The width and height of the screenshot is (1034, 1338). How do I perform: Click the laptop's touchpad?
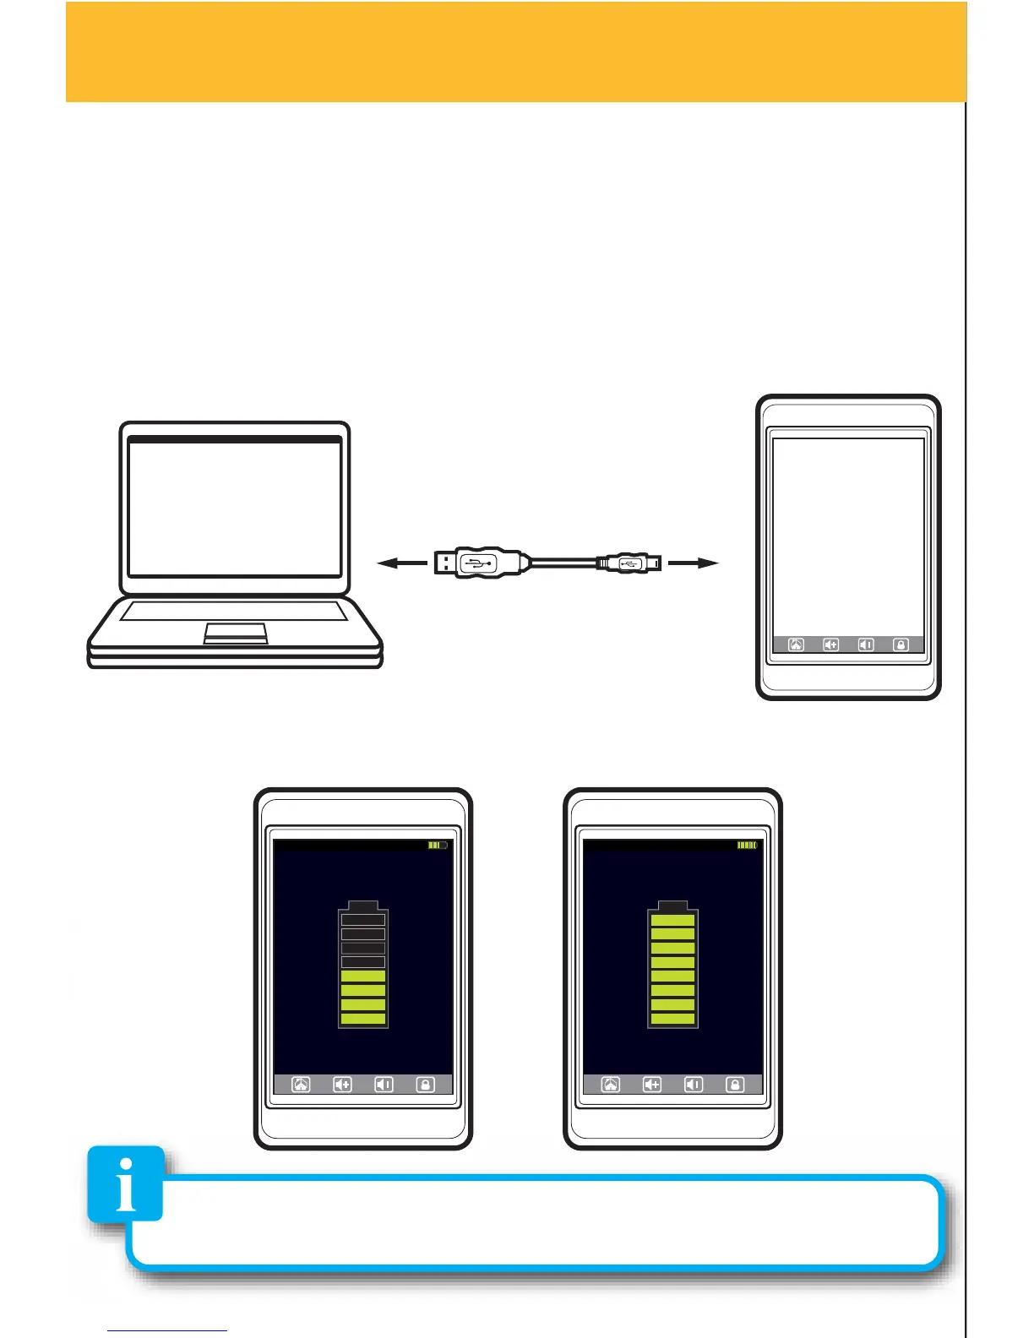click(236, 633)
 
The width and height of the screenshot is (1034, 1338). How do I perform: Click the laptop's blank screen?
click(235, 509)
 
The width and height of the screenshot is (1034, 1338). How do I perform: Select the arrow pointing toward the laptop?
click(401, 563)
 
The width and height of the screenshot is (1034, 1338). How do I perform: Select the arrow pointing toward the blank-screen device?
click(693, 563)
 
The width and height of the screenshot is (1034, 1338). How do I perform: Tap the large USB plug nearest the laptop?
click(477, 563)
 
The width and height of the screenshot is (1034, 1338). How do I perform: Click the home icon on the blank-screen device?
click(796, 645)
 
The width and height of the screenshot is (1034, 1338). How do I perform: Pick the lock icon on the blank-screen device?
click(901, 645)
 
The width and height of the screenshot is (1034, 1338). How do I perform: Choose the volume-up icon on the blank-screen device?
click(831, 645)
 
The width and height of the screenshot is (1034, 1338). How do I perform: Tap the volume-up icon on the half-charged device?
click(342, 1085)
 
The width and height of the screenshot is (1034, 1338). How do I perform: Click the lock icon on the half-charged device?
click(426, 1085)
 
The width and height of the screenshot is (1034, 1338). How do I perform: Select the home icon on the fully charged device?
click(610, 1085)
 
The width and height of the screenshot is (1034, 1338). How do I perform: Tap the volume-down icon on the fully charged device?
click(693, 1085)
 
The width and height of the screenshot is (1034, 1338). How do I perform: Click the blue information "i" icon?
click(126, 1183)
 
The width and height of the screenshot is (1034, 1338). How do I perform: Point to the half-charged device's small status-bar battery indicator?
click(438, 845)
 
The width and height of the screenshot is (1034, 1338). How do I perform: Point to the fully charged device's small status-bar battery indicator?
click(748, 845)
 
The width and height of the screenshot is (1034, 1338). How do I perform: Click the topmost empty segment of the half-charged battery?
click(363, 920)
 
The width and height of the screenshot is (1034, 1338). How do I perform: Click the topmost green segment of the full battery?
click(672, 920)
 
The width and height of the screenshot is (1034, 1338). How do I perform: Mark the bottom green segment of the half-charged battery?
click(363, 1019)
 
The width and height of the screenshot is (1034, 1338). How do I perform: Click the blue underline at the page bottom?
click(167, 1331)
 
